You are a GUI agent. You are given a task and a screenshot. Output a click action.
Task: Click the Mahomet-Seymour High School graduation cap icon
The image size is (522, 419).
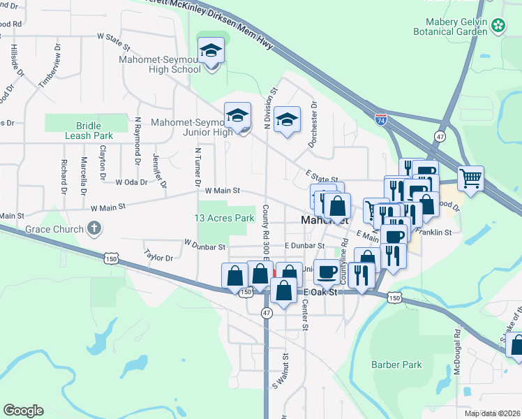point(211,52)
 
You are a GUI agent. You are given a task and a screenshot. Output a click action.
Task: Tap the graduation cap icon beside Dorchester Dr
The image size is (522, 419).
point(286,120)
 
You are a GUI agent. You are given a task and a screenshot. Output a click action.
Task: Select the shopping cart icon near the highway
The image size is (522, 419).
point(471,178)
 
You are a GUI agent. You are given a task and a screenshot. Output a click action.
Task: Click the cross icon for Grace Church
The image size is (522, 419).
point(94,228)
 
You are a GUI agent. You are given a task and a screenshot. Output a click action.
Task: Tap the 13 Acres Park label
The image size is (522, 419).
point(224,218)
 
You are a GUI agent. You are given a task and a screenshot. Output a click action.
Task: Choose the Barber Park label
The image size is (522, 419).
point(396,365)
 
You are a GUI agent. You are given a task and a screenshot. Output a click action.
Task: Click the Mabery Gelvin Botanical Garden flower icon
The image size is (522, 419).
point(498,26)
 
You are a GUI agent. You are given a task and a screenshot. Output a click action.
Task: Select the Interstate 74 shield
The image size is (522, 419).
point(381,120)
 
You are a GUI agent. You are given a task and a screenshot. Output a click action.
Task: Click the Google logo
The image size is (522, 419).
point(23,411)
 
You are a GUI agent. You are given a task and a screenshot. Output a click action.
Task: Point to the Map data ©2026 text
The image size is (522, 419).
point(492,413)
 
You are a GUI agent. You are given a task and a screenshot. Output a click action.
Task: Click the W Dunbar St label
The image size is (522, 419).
point(204,246)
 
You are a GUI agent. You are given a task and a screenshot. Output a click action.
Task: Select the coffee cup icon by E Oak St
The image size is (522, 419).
point(326,272)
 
